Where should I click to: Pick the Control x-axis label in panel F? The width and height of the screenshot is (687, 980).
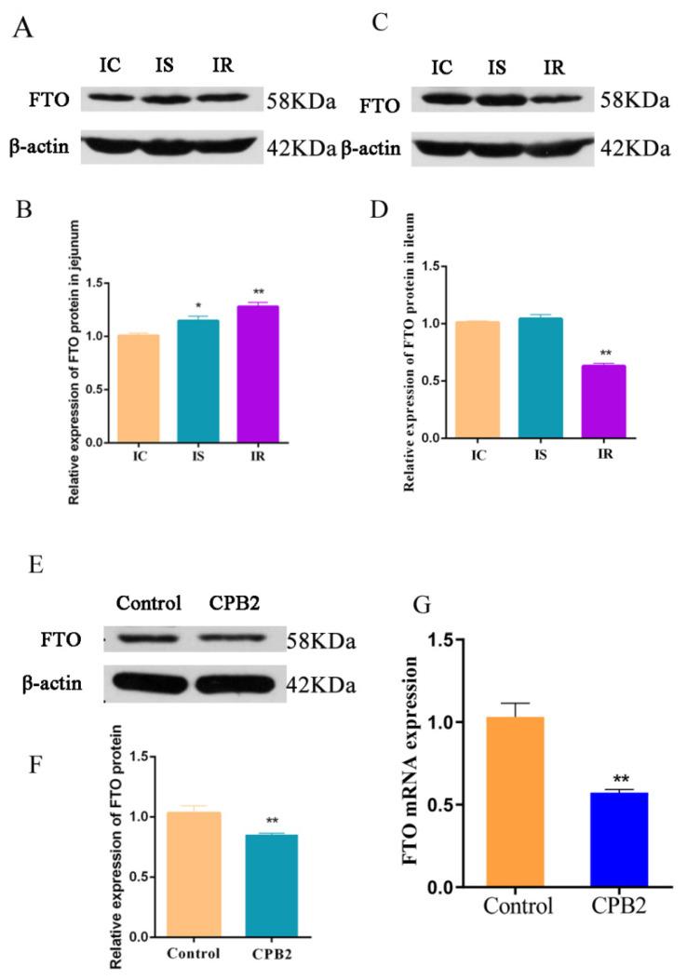click(194, 954)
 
